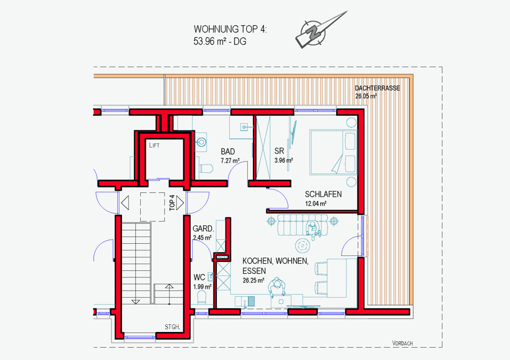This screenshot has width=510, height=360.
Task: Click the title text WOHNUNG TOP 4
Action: [230, 29]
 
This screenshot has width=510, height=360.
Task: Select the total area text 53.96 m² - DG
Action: [220, 42]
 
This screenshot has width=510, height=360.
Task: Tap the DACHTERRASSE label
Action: [377, 88]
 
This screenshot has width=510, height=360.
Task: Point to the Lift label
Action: [155, 145]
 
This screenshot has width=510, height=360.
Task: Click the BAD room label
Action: [227, 151]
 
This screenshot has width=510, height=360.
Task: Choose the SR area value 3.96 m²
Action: [283, 160]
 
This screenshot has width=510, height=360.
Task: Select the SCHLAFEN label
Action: [323, 194]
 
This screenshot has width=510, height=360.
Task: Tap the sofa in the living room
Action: [300, 225]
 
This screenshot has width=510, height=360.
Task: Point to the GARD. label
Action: [203, 229]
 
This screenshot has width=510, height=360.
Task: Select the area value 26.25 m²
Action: [253, 280]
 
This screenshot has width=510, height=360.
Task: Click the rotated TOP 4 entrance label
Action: [172, 202]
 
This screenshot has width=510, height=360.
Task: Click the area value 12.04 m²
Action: [316, 203]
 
